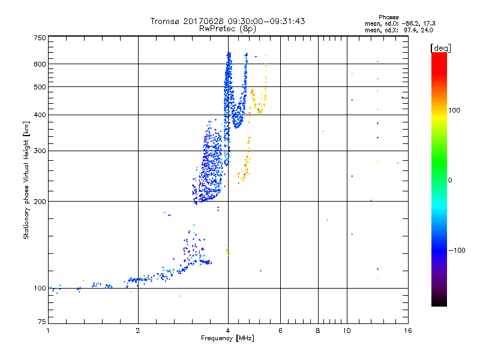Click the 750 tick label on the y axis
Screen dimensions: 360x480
(39, 37)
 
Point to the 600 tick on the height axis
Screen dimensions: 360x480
(39, 64)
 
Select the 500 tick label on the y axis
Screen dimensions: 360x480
(39, 86)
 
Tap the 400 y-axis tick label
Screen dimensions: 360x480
(39, 115)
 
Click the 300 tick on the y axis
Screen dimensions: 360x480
(39, 151)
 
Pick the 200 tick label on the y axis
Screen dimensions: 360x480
(39, 201)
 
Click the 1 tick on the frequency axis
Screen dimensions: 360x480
(48, 331)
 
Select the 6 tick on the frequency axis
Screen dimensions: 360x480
(280, 331)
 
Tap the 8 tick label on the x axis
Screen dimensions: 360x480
(318, 331)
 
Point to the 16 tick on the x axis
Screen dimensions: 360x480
(407, 331)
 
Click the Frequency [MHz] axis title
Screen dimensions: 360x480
(227, 338)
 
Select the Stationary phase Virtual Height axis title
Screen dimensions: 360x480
(26, 180)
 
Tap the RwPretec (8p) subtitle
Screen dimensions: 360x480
(227, 28)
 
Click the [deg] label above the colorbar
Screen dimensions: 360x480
(440, 47)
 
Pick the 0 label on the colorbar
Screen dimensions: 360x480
(450, 180)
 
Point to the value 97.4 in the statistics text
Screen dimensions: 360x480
(412, 29)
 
